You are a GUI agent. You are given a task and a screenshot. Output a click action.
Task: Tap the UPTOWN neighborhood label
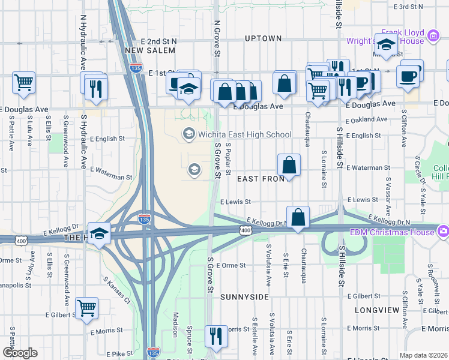pyautogui.click(x=263, y=38)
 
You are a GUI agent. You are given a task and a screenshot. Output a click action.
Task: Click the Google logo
pyautogui.click(x=20, y=353)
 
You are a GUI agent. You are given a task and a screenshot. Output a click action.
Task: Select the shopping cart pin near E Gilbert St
pyautogui.click(x=87, y=308)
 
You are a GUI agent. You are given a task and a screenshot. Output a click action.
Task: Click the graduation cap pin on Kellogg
pyautogui.click(x=99, y=233)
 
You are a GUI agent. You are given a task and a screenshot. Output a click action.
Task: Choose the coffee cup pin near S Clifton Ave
pyautogui.click(x=408, y=76)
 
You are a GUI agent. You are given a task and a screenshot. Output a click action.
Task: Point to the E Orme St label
pyautogui.click(x=231, y=265)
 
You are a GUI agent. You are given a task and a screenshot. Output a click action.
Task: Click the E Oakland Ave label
pyautogui.click(x=367, y=119)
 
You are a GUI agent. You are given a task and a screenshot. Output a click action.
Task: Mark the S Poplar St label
pyautogui.click(x=229, y=160)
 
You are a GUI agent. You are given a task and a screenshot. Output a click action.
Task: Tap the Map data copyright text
pyautogui.click(x=423, y=355)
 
